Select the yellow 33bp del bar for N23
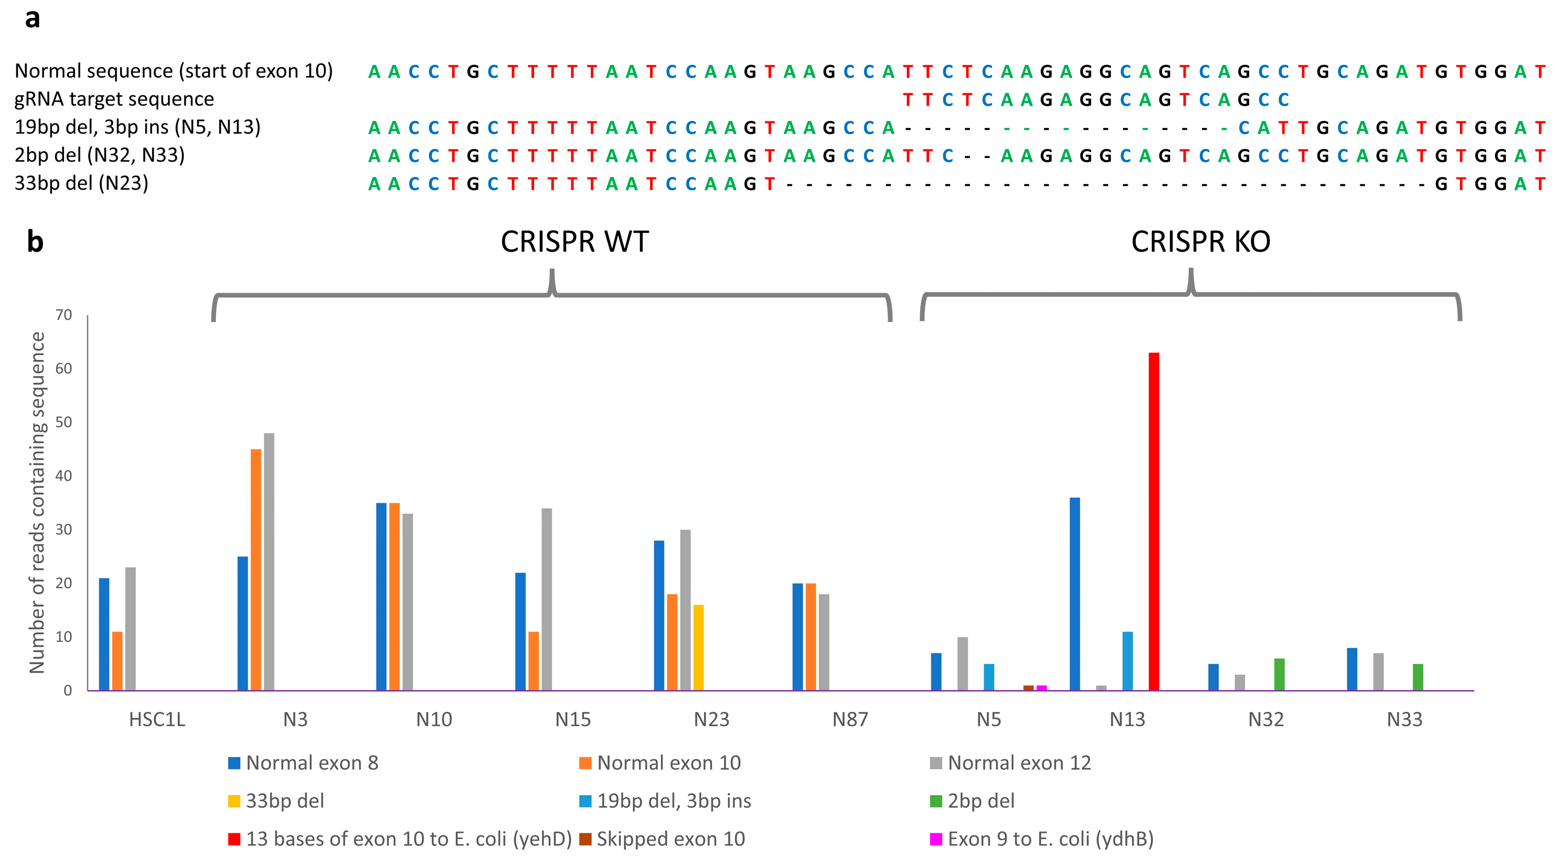pyautogui.click(x=698, y=647)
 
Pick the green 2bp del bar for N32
pyautogui.click(x=1279, y=674)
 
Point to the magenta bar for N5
pyautogui.click(x=1041, y=688)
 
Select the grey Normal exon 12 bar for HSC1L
pyautogui.click(x=130, y=629)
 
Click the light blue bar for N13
pyautogui.click(x=1127, y=660)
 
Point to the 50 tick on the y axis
pyautogui.click(x=63, y=422)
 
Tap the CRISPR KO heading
pyautogui.click(x=1200, y=242)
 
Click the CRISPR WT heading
pyautogui.click(x=574, y=242)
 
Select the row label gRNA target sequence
pyautogui.click(x=114, y=99)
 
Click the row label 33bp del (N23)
pyautogui.click(x=82, y=182)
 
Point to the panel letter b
pyautogui.click(x=35, y=242)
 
